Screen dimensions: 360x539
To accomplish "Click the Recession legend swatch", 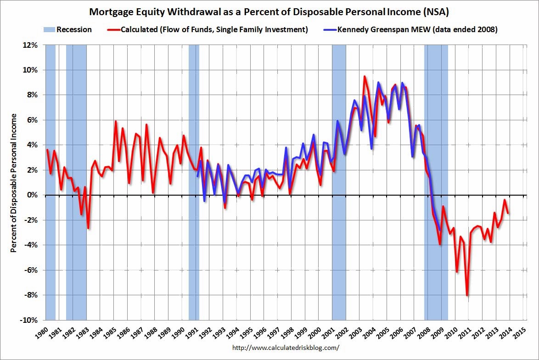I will click(x=50, y=30).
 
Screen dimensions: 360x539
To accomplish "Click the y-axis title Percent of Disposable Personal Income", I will click(x=14, y=182).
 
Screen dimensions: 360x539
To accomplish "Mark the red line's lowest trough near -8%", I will click(x=467, y=295).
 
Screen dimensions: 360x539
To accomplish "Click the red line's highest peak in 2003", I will click(x=364, y=76).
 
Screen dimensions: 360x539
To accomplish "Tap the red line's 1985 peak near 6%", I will click(x=115, y=121).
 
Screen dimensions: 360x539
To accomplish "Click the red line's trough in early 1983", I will click(x=88, y=228).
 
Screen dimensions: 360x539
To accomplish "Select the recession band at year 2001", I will click(x=339, y=184).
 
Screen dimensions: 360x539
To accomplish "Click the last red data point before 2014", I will click(x=508, y=213).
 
